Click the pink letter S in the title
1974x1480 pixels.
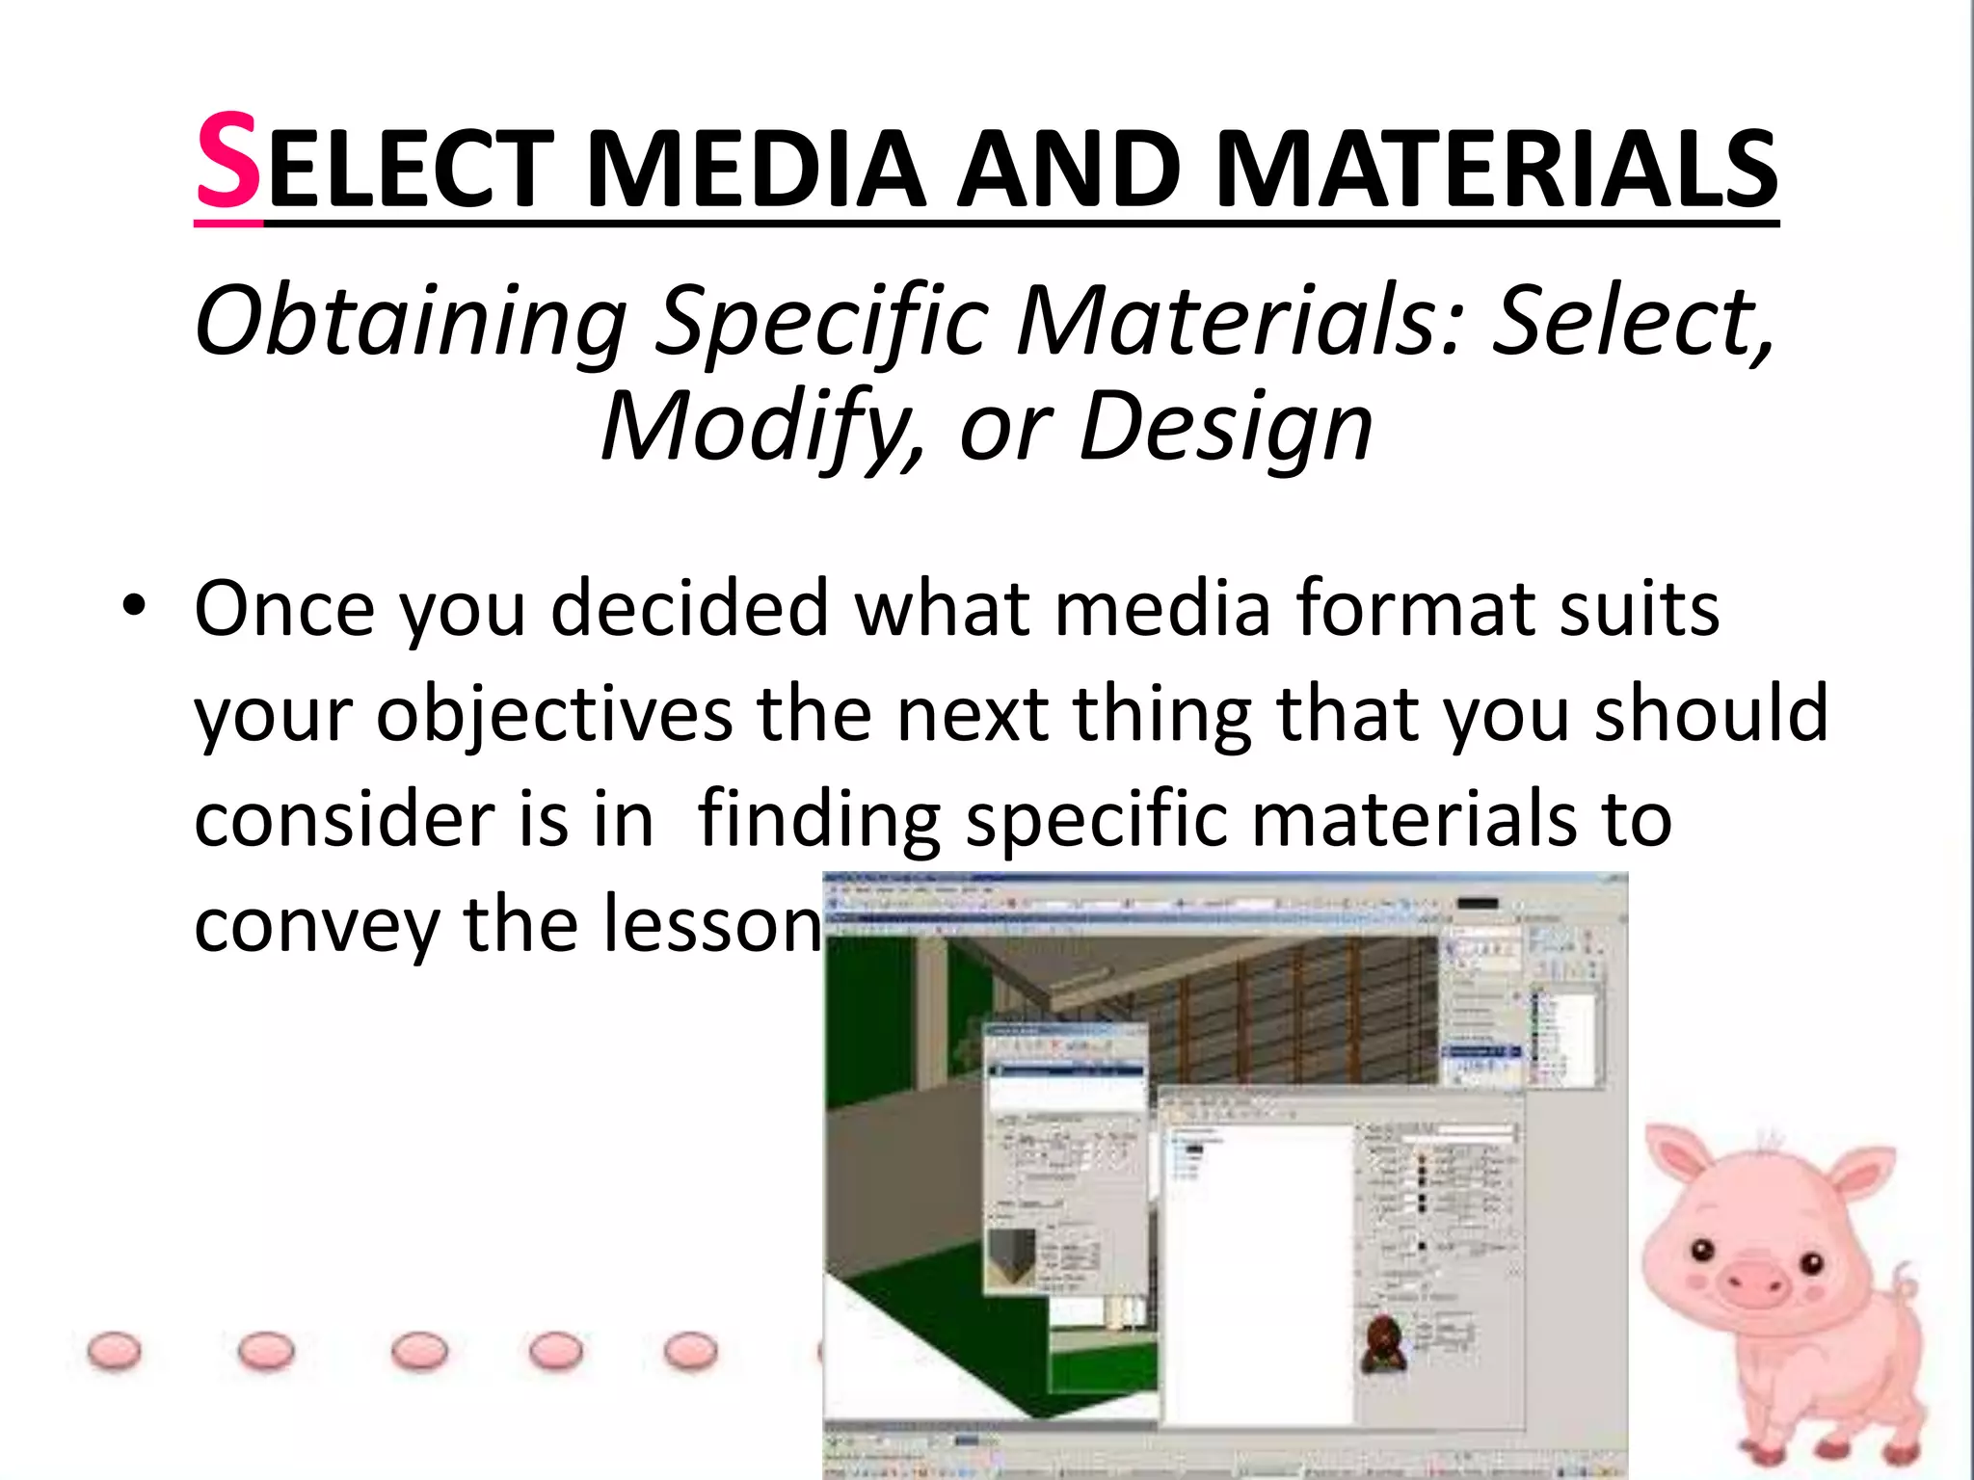point(227,162)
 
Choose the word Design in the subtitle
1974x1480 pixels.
point(1224,428)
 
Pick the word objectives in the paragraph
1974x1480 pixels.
point(554,715)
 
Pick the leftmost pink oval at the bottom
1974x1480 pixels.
point(114,1351)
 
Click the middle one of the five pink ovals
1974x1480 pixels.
point(419,1351)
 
